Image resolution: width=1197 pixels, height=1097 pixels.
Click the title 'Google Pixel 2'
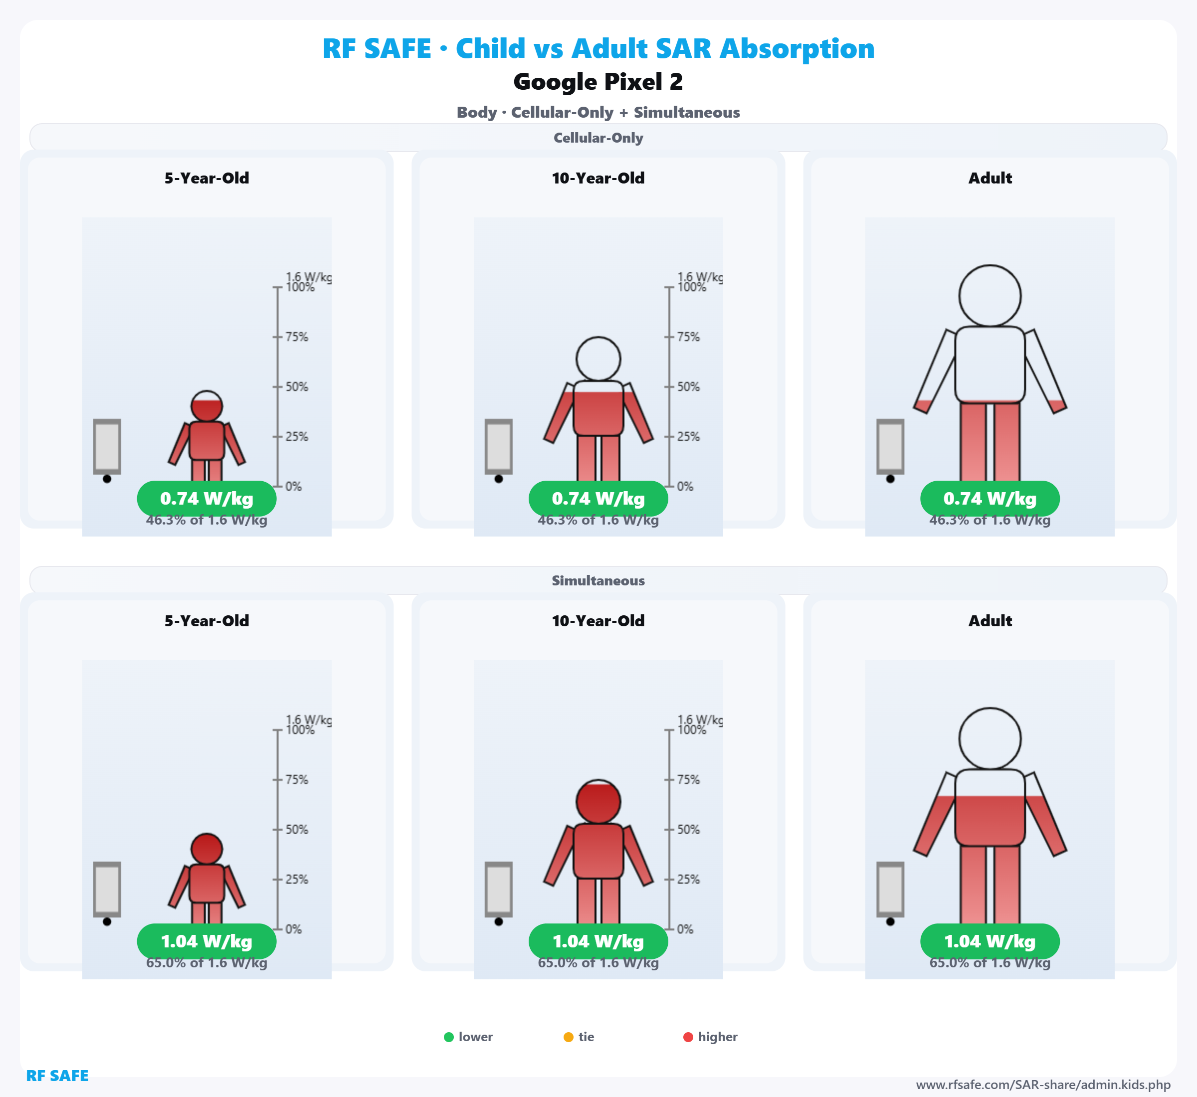[x=598, y=82]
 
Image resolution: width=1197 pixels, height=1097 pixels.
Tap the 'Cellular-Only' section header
[x=598, y=138]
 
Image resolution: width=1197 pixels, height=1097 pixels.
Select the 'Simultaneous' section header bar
[x=598, y=580]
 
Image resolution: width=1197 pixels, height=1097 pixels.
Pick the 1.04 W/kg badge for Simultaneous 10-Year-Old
[x=598, y=941]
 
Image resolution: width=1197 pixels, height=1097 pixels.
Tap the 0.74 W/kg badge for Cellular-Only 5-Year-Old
[x=206, y=499]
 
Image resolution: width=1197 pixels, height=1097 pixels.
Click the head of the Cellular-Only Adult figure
[x=990, y=296]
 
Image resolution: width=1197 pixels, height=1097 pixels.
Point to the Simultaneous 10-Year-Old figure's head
[x=598, y=801]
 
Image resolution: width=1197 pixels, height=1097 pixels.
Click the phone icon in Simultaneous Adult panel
[x=890, y=889]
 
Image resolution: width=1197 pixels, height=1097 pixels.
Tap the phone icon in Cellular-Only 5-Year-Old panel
[x=107, y=446]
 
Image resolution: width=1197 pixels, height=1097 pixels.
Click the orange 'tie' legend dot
[x=568, y=1037]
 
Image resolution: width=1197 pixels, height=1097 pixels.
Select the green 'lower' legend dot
[x=449, y=1037]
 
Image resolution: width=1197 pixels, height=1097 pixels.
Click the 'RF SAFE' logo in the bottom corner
[x=57, y=1076]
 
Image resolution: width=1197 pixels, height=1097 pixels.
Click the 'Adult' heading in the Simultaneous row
[x=990, y=621]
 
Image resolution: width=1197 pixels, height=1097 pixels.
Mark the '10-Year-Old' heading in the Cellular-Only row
[x=598, y=178]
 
